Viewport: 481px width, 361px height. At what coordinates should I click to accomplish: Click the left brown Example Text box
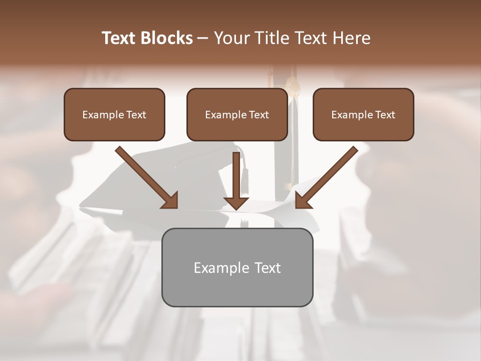114,115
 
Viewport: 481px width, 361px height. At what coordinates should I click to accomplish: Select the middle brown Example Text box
237,115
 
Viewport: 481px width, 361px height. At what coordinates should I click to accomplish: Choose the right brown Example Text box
363,115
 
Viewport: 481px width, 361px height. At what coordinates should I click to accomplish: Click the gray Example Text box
237,267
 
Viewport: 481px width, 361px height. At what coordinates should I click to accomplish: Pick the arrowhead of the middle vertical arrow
236,203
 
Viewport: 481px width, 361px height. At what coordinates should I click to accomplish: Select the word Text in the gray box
268,268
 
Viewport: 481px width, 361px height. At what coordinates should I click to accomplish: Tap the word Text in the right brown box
385,115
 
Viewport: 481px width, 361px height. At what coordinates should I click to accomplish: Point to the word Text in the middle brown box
259,115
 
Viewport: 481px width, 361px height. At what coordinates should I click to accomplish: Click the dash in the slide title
203,38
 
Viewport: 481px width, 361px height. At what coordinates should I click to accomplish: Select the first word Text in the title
119,38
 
